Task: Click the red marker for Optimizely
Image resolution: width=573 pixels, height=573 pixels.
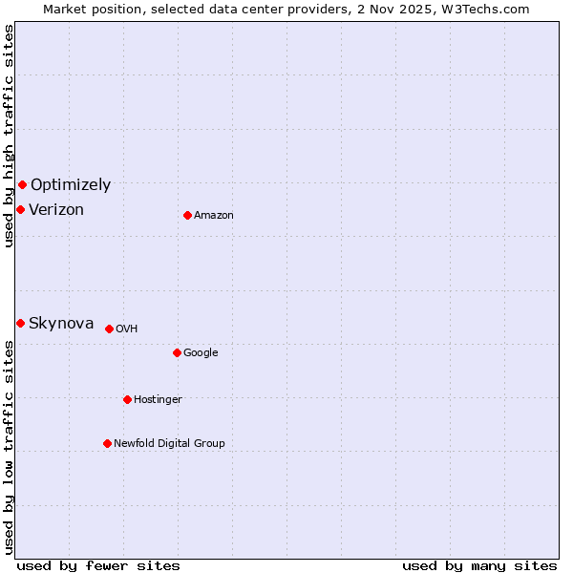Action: (x=22, y=184)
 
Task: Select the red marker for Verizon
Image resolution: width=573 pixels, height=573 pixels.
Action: (x=20, y=209)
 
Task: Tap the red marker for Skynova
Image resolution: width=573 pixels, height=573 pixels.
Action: (x=20, y=323)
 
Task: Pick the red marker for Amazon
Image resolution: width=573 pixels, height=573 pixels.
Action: (x=187, y=215)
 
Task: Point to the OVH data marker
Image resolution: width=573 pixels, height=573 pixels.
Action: (x=109, y=329)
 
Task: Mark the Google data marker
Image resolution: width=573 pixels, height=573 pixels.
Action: (x=177, y=352)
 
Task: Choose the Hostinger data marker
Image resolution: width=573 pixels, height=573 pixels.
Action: (x=127, y=399)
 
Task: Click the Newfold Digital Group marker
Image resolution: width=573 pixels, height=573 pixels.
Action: (x=107, y=443)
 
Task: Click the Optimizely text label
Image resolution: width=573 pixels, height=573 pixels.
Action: (x=71, y=185)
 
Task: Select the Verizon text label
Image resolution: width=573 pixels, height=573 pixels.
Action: (x=56, y=210)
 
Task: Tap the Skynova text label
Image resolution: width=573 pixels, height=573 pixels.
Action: (x=61, y=324)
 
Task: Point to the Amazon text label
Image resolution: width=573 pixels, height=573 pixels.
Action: (x=214, y=216)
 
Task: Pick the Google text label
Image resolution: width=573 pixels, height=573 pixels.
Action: (x=201, y=353)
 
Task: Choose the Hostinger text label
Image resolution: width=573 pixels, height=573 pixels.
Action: (x=158, y=400)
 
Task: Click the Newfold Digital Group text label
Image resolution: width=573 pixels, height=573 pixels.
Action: (x=169, y=444)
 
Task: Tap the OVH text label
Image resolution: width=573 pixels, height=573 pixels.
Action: (x=127, y=329)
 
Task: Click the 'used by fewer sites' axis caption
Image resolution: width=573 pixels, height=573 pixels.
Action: (x=98, y=566)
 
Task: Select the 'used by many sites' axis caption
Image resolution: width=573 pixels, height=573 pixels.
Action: (x=479, y=566)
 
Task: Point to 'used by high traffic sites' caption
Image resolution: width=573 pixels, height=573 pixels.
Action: (x=10, y=136)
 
